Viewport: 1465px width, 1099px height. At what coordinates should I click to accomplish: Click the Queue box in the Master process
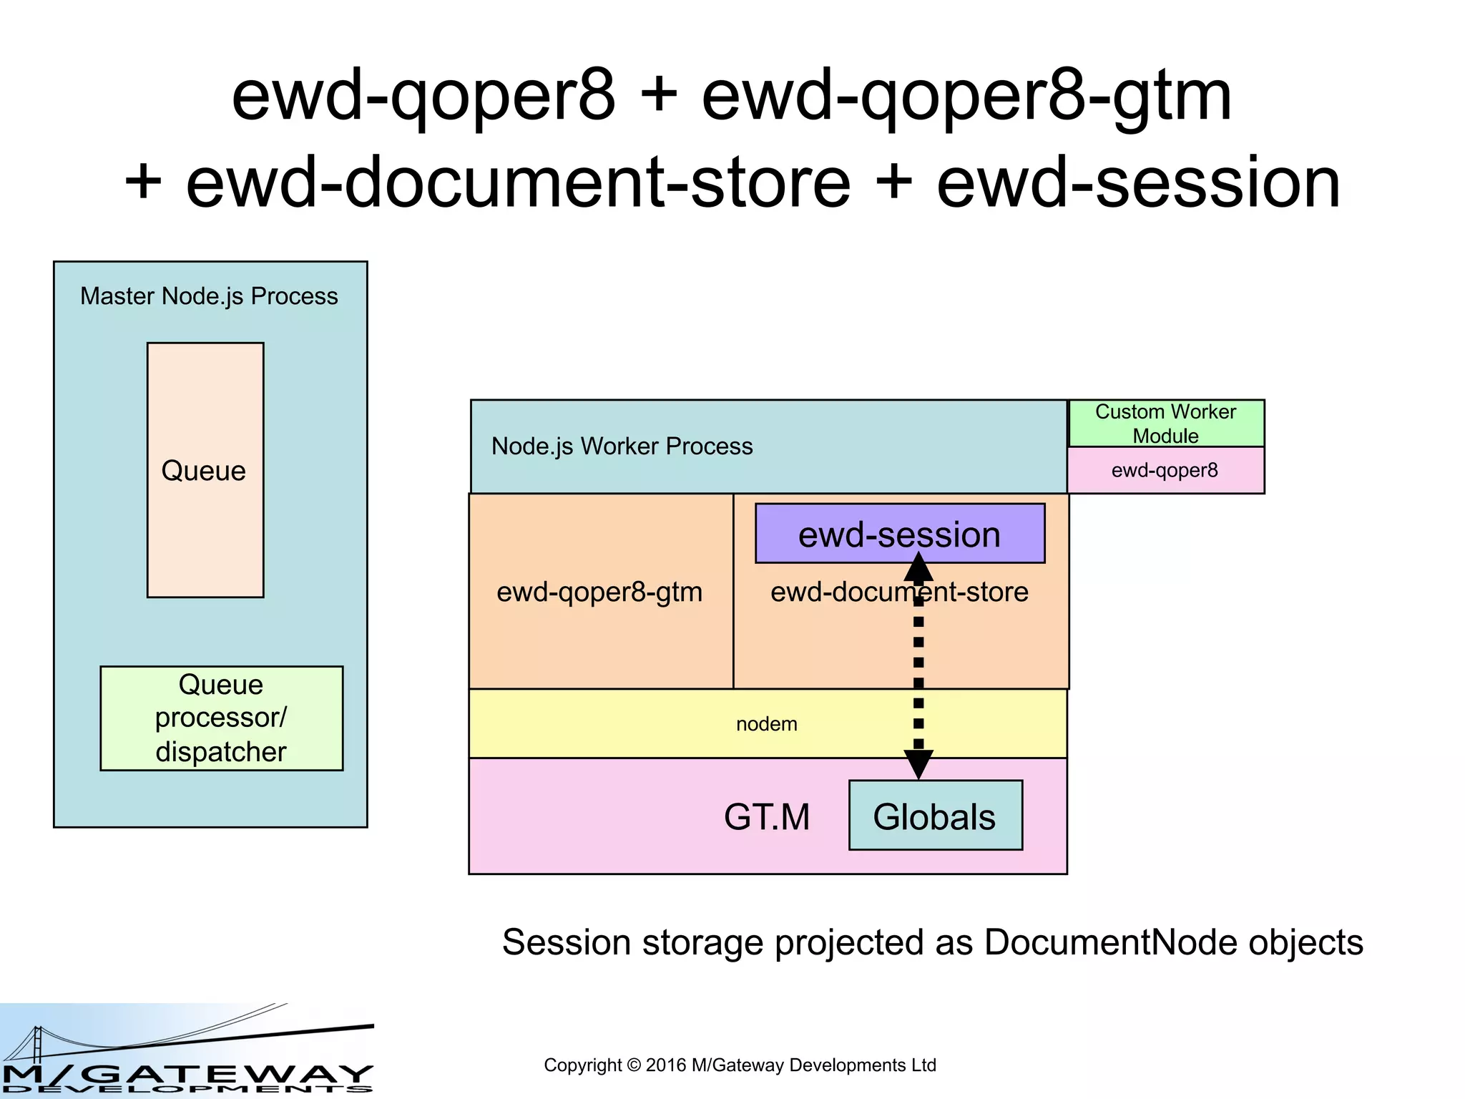tap(205, 470)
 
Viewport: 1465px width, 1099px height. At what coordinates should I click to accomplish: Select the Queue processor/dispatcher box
tap(221, 718)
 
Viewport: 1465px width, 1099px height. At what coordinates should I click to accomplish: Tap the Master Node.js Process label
tap(209, 296)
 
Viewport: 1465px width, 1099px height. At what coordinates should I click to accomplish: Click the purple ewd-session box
tap(899, 534)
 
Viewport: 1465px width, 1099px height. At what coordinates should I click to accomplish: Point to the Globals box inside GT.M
tap(935, 816)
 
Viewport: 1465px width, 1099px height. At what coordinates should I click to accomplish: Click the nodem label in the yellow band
tap(766, 724)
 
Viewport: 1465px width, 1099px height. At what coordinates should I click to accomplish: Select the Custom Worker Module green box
tap(1165, 424)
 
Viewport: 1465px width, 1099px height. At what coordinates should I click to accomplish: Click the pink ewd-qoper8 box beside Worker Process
tap(1165, 471)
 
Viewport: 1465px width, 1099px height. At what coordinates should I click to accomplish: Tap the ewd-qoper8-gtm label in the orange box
tap(599, 592)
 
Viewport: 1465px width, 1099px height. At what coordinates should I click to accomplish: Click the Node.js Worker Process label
tap(622, 446)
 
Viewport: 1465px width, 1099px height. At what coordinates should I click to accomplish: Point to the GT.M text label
tap(766, 816)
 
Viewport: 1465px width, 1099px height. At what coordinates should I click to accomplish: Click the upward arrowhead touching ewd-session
tap(918, 567)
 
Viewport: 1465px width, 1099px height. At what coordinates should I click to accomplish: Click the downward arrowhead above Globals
tap(918, 764)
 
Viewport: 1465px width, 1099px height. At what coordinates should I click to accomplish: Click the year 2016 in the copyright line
tap(666, 1065)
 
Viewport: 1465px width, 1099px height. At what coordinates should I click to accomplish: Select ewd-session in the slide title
tap(1138, 183)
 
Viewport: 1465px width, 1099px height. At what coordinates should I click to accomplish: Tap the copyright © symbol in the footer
tap(633, 1065)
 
